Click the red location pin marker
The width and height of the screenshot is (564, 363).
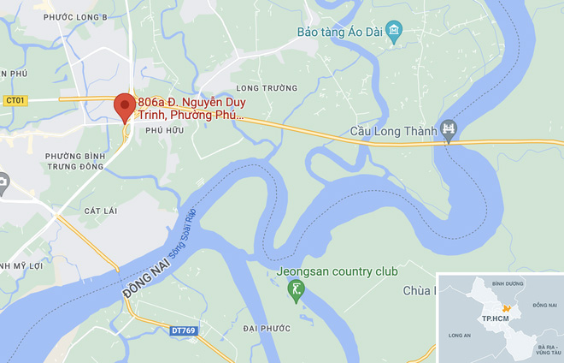point(125,107)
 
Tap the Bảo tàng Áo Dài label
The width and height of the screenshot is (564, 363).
point(337,33)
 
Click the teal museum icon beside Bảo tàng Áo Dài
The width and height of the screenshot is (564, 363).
point(394,33)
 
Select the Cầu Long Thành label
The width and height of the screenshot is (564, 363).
point(393,132)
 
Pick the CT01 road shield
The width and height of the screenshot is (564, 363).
point(15,100)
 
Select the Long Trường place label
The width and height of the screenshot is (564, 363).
point(267,88)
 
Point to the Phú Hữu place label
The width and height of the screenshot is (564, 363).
point(165,129)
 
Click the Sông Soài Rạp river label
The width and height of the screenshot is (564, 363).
point(179,235)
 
